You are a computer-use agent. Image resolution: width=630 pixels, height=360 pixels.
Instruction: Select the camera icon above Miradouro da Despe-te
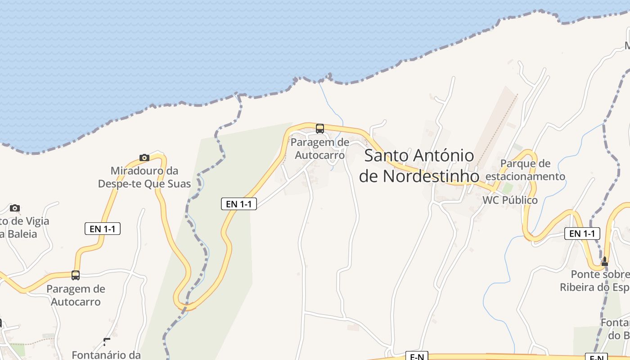click(144, 157)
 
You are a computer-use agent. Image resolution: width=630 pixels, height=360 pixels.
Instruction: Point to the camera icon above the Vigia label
click(15, 208)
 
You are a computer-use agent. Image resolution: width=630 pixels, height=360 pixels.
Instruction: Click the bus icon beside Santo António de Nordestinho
click(320, 129)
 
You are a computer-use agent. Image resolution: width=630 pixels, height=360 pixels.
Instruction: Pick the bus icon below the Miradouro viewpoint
click(76, 275)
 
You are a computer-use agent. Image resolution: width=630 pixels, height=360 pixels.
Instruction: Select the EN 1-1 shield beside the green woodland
click(238, 204)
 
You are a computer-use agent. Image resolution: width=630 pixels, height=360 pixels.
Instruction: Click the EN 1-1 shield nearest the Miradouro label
click(103, 229)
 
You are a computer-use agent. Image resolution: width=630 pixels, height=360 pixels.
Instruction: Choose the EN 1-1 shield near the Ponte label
click(582, 234)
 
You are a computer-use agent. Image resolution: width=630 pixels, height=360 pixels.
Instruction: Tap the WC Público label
click(510, 200)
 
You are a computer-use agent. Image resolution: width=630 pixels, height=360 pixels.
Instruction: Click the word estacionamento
click(525, 176)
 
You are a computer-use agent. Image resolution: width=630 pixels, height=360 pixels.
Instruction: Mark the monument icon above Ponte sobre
click(604, 261)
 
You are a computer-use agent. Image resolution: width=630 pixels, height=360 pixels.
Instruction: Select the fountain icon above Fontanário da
click(107, 342)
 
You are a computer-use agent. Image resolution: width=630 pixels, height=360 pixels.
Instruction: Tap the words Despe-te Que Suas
click(144, 184)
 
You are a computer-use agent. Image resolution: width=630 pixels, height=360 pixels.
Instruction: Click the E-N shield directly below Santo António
click(417, 357)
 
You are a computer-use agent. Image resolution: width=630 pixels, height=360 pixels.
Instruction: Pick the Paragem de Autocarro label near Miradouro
click(76, 295)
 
